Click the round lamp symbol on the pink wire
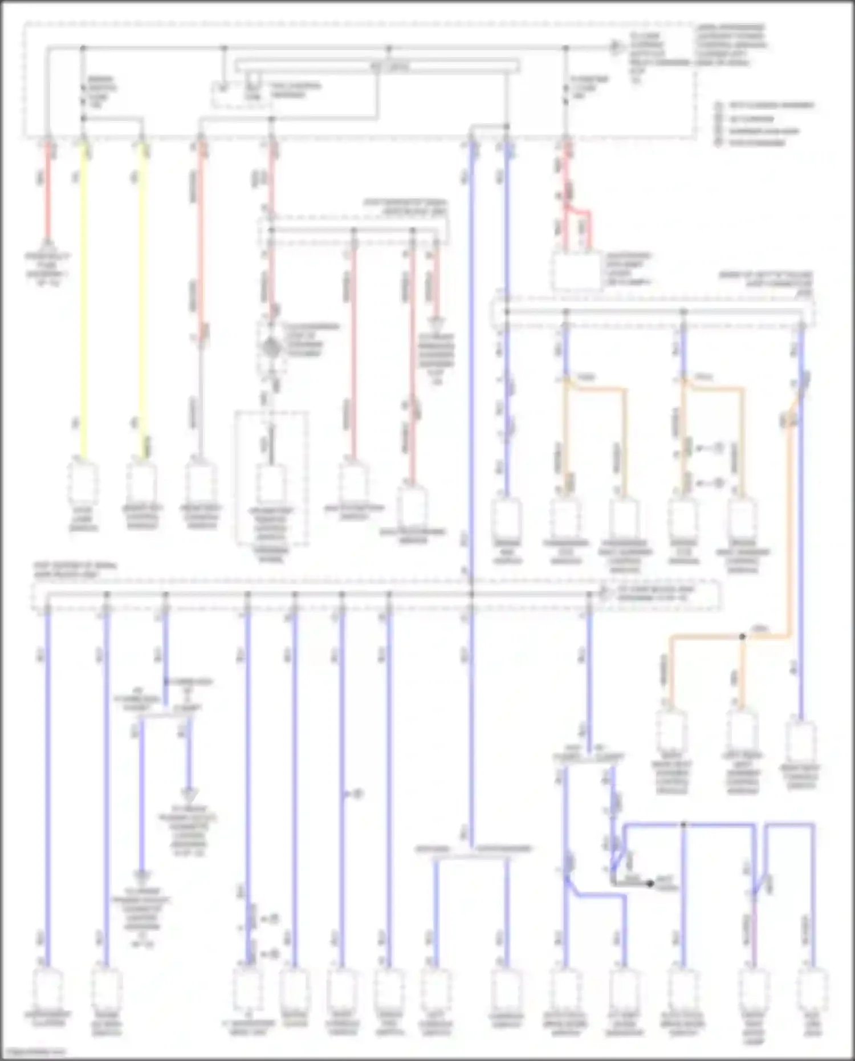point(271,347)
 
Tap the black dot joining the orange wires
point(742,636)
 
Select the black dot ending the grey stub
point(650,884)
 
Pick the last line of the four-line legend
point(752,143)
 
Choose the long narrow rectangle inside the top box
point(377,66)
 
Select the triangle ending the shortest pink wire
point(437,323)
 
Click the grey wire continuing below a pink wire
point(201,399)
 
